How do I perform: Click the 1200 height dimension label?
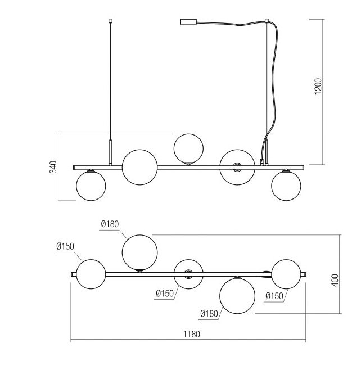318,86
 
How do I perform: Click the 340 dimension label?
53,167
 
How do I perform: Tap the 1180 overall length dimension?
192,334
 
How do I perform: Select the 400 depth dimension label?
335,281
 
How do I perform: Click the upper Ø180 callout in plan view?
110,224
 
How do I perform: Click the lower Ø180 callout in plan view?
209,314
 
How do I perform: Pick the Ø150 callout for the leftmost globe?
65,246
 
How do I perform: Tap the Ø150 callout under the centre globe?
165,294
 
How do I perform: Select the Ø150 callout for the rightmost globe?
274,296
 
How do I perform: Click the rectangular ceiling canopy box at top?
188,22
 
